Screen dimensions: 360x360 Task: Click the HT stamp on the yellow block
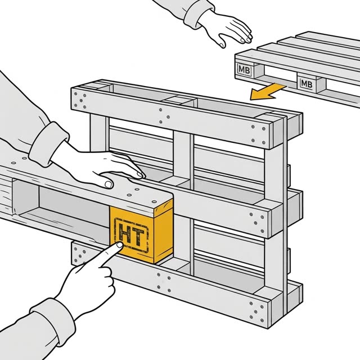[131, 235]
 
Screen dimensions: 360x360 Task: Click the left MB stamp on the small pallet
[244, 69]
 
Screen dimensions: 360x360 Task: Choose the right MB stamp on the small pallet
[306, 84]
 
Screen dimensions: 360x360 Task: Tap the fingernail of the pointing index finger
[119, 245]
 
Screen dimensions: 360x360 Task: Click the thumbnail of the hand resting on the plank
[108, 184]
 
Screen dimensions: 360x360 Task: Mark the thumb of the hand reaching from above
[222, 41]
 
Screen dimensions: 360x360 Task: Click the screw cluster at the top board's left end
[80, 100]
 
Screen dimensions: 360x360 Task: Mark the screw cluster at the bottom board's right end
[256, 312]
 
